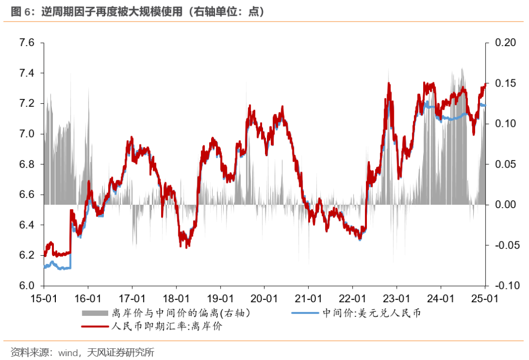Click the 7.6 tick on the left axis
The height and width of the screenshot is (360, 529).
[27, 43]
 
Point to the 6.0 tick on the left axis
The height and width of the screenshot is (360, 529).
[27, 286]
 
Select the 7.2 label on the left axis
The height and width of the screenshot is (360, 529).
[27, 104]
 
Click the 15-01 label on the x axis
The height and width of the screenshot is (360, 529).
[44, 298]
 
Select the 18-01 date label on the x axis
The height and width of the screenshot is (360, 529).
[176, 298]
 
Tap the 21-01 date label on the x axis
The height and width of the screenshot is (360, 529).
[309, 298]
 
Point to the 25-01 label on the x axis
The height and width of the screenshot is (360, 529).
[485, 298]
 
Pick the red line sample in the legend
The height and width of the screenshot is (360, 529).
[95, 326]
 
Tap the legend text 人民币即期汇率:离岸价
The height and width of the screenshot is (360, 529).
[167, 326]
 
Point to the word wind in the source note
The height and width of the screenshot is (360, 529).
[69, 352]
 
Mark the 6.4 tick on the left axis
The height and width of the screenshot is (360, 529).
[27, 225]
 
